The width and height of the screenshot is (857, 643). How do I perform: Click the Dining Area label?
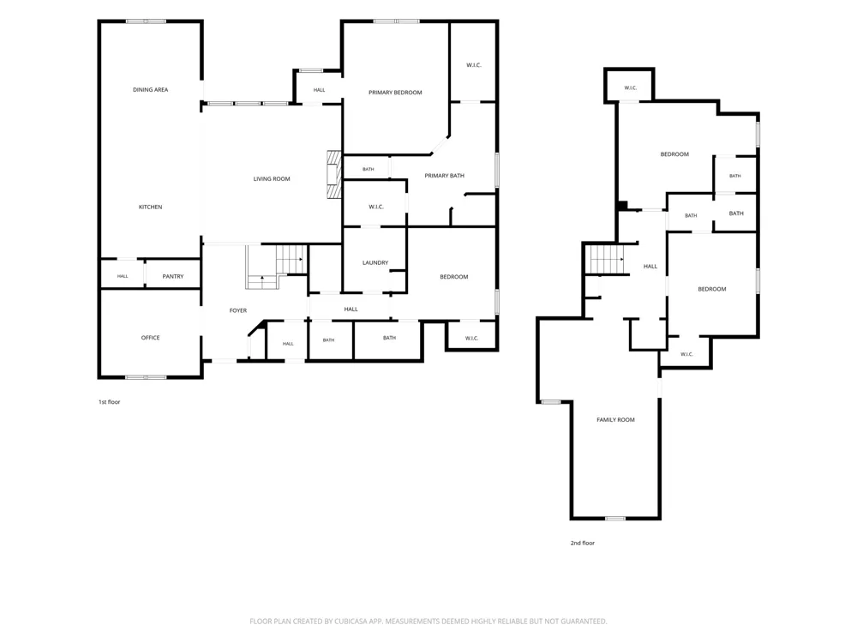click(150, 90)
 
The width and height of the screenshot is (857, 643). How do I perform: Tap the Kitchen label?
click(150, 207)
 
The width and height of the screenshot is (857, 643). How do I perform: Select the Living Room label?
click(272, 179)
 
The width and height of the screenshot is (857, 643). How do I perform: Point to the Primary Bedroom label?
click(395, 93)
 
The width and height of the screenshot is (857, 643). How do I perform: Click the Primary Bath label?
click(444, 176)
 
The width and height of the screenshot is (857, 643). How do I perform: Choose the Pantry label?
click(173, 277)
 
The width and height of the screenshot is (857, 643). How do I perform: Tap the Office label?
click(150, 338)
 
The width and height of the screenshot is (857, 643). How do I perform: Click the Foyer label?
click(237, 310)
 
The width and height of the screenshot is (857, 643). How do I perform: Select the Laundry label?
click(375, 263)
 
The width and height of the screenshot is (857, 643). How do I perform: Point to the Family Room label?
click(615, 420)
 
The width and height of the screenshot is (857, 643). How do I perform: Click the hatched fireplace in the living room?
click(334, 174)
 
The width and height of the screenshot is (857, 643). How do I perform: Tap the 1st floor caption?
click(110, 402)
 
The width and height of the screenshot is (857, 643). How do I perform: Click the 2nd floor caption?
click(583, 543)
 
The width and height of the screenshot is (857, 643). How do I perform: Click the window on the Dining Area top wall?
click(146, 21)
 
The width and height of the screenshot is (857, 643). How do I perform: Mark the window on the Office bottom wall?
click(146, 376)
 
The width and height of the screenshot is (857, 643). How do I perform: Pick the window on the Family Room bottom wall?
click(615, 518)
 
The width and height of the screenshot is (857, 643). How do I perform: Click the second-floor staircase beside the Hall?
click(605, 259)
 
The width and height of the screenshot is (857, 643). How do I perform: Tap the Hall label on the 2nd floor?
click(650, 267)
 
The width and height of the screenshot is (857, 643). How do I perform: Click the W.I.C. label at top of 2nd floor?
click(630, 88)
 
